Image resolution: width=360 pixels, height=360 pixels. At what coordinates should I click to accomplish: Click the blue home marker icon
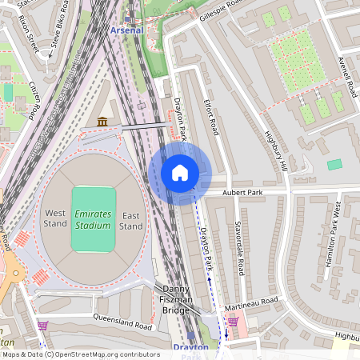179,173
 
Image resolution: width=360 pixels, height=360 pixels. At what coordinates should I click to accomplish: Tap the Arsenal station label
126,30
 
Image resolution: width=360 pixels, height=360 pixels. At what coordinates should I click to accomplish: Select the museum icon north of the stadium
102,121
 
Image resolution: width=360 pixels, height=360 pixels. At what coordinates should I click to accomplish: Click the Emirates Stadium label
93,220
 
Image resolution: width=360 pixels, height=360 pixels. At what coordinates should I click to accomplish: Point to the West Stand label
55,219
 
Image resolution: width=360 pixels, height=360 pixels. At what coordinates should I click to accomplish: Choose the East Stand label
131,221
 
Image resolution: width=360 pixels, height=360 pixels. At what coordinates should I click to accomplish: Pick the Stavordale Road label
239,249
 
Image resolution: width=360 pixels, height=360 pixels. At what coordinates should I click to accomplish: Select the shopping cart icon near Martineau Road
232,322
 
